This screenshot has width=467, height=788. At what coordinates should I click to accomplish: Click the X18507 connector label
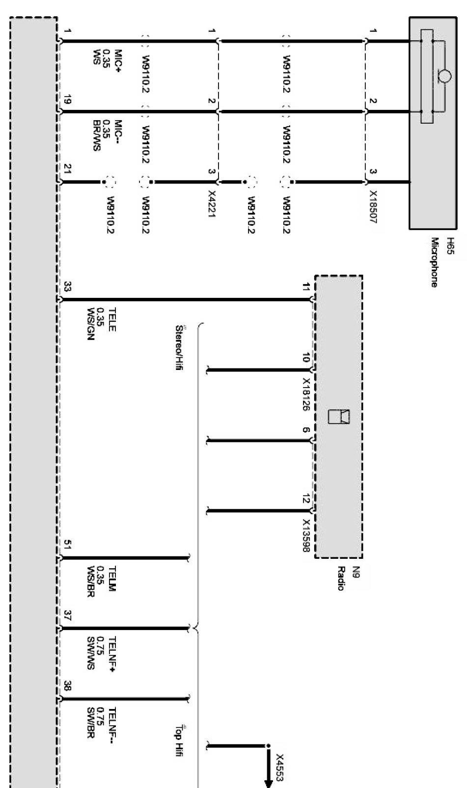tap(373, 208)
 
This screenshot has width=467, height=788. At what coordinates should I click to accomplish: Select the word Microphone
tap(434, 263)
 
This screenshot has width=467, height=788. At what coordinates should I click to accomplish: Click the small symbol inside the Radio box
tap(339, 416)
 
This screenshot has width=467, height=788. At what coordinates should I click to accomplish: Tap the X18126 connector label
tap(305, 394)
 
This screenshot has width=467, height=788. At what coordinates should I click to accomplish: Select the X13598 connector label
tap(306, 536)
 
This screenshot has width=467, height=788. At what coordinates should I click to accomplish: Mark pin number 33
tap(68, 287)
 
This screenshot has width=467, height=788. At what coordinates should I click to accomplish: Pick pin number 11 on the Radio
tap(305, 287)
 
